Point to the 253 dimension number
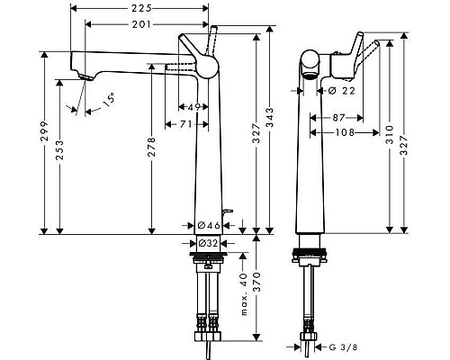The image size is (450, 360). (61, 154)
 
